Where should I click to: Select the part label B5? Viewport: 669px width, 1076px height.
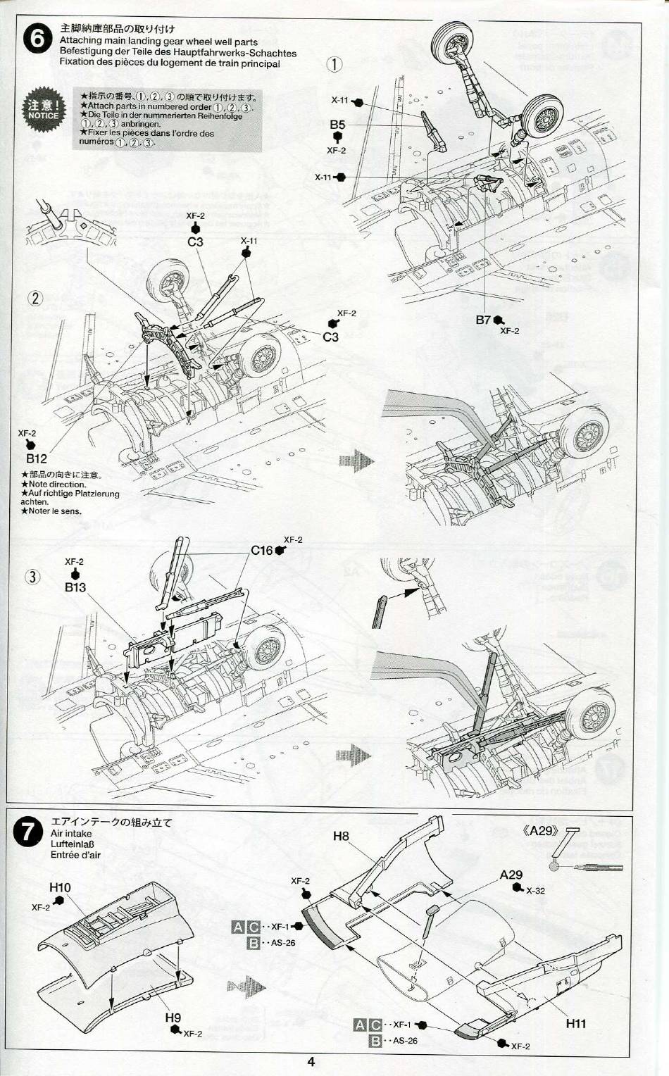click(337, 125)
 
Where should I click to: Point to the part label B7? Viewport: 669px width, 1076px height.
click(483, 320)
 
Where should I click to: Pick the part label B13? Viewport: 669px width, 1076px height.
click(75, 587)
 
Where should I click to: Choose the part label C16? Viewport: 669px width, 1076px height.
click(262, 550)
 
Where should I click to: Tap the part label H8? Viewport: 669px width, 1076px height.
click(341, 836)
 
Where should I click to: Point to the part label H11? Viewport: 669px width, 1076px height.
click(575, 1024)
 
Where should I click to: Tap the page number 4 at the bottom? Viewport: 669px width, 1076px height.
click(311, 1063)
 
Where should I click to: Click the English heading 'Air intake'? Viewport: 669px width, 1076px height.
click(71, 833)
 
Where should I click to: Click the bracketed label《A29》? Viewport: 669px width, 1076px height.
click(539, 830)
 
